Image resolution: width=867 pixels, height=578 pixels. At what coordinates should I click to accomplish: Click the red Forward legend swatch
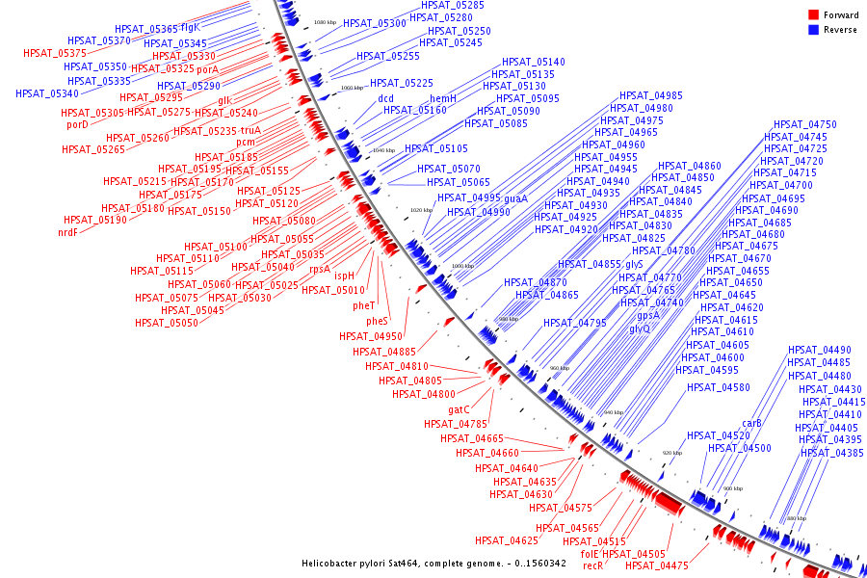click(x=813, y=14)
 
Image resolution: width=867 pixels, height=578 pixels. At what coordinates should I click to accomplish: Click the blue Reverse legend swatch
click(x=813, y=30)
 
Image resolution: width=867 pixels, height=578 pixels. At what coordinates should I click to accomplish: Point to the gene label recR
click(x=593, y=566)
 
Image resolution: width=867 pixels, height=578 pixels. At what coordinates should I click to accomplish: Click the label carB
click(x=752, y=423)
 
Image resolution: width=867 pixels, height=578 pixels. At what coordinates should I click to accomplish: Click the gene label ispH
click(x=345, y=276)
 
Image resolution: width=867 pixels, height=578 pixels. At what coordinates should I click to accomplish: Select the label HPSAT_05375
click(x=55, y=53)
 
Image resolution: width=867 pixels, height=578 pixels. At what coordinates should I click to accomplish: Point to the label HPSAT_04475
click(x=663, y=566)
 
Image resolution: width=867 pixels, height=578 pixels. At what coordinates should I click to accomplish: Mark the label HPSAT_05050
click(x=167, y=323)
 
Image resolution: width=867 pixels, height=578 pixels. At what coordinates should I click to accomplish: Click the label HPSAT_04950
click(x=371, y=336)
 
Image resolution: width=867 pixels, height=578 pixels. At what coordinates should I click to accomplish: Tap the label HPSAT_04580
click(x=719, y=387)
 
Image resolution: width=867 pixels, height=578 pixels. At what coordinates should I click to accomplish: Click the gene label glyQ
click(x=640, y=328)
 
